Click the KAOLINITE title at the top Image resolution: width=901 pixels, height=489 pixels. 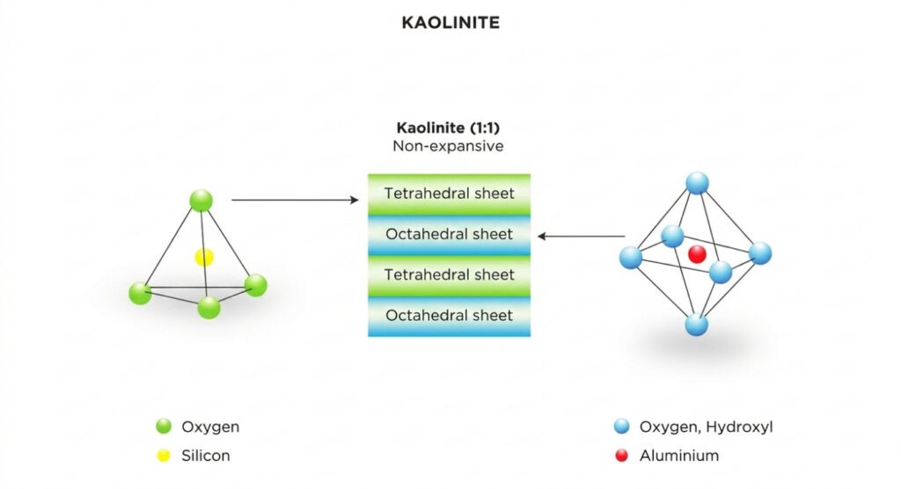[450, 23]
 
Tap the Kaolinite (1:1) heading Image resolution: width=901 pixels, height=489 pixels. [449, 128]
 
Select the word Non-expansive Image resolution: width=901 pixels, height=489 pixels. [449, 146]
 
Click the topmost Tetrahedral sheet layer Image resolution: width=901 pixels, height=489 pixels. [449, 193]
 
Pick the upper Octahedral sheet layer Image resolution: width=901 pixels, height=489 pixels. [449, 235]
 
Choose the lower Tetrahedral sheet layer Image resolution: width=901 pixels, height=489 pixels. [449, 275]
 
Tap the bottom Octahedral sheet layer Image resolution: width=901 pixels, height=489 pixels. [449, 316]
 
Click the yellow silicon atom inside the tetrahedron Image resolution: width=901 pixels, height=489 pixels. [204, 257]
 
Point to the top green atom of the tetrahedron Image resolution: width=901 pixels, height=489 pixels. [201, 201]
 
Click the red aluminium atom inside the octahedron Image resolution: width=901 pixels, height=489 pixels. [697, 254]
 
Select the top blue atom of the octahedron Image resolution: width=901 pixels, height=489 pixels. [697, 183]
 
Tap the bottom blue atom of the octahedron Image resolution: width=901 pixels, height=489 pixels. [696, 324]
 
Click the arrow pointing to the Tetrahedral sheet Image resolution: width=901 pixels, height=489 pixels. [295, 201]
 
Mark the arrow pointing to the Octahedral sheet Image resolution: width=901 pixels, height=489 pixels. [582, 236]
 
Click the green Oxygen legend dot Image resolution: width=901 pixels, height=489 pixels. [163, 427]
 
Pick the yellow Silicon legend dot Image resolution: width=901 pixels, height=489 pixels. [163, 456]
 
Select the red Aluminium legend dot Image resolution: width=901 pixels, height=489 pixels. [622, 456]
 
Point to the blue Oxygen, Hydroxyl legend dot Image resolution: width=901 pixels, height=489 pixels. [622, 427]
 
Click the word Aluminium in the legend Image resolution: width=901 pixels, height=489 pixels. [679, 456]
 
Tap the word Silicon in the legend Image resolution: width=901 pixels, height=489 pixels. [206, 456]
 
